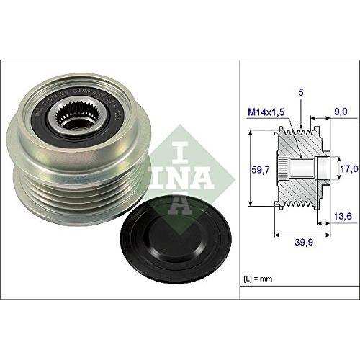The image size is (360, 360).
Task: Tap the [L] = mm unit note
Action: click(256, 276)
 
